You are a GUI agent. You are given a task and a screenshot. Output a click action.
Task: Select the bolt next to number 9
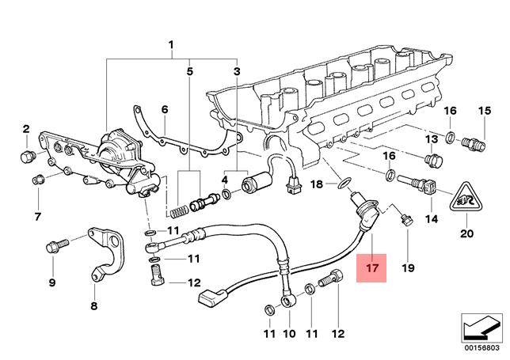point(55,245)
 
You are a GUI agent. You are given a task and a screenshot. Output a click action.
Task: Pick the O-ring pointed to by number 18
point(343,185)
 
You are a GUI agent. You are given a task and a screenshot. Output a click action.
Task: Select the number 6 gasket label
point(165,108)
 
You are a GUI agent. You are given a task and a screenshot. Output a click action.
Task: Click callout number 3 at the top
point(236,72)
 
